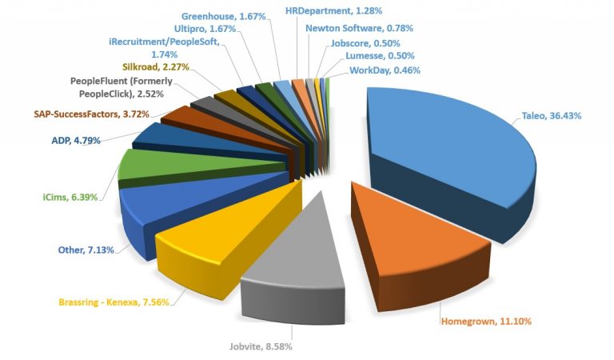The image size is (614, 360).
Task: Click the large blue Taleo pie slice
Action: coord(448,144)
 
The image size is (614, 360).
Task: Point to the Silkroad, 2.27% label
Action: coord(156,67)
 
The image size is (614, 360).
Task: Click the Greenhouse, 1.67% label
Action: coord(223,16)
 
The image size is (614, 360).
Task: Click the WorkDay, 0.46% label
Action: coord(385,70)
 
